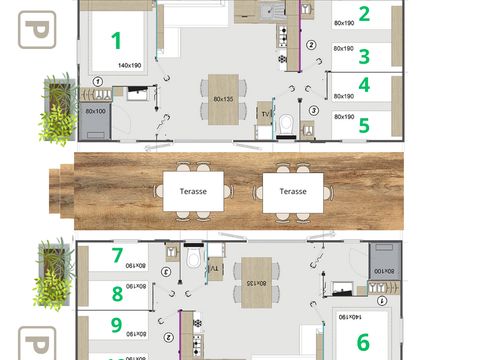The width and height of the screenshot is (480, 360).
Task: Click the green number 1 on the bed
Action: (x=116, y=41)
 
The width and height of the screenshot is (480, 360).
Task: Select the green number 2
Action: (x=365, y=14)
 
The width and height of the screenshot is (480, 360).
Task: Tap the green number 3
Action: (x=365, y=57)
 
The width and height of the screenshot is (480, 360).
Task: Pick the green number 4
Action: (x=365, y=86)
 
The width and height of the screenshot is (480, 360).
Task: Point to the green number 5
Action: (x=365, y=126)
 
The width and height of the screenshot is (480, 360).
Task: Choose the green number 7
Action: (x=117, y=256)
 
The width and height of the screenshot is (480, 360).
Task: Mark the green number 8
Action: (x=117, y=294)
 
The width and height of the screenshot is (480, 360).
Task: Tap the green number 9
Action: (x=117, y=325)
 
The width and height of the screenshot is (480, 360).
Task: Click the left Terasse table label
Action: (x=192, y=190)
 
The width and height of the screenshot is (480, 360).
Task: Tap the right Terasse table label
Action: (x=293, y=190)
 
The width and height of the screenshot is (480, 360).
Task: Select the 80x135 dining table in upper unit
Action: (x=225, y=98)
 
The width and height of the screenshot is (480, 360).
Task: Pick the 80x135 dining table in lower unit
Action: (x=258, y=281)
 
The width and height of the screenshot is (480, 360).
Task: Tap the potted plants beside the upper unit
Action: (x=57, y=109)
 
